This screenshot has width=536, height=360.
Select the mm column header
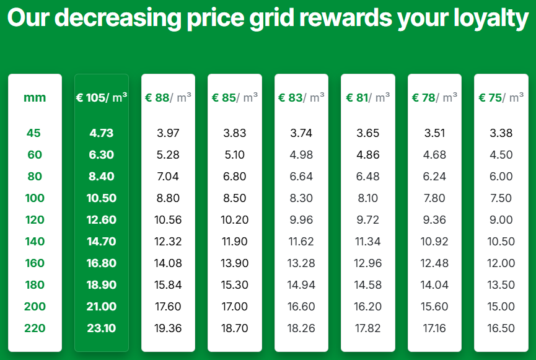(x=35, y=97)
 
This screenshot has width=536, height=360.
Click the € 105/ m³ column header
(x=102, y=97)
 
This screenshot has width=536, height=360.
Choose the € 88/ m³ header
(x=168, y=97)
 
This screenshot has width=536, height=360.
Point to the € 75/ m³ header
(x=501, y=97)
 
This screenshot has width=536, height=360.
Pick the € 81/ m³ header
(x=368, y=97)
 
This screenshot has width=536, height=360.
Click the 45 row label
(x=34, y=133)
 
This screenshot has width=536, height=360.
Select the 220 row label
(x=35, y=328)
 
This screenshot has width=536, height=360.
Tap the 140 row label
(x=35, y=242)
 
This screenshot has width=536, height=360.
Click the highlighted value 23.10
(x=102, y=328)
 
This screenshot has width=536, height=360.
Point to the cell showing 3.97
(x=168, y=133)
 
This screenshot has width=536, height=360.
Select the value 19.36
(x=168, y=328)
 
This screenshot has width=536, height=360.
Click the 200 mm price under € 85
(x=235, y=307)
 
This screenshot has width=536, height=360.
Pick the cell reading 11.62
(x=301, y=242)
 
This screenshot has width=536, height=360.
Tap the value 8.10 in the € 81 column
(x=368, y=198)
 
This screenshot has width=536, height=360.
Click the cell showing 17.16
(x=434, y=328)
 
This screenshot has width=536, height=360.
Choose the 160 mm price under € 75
(x=501, y=263)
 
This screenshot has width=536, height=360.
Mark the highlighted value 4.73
(x=102, y=133)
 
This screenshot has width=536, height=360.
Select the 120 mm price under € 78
(x=434, y=220)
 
